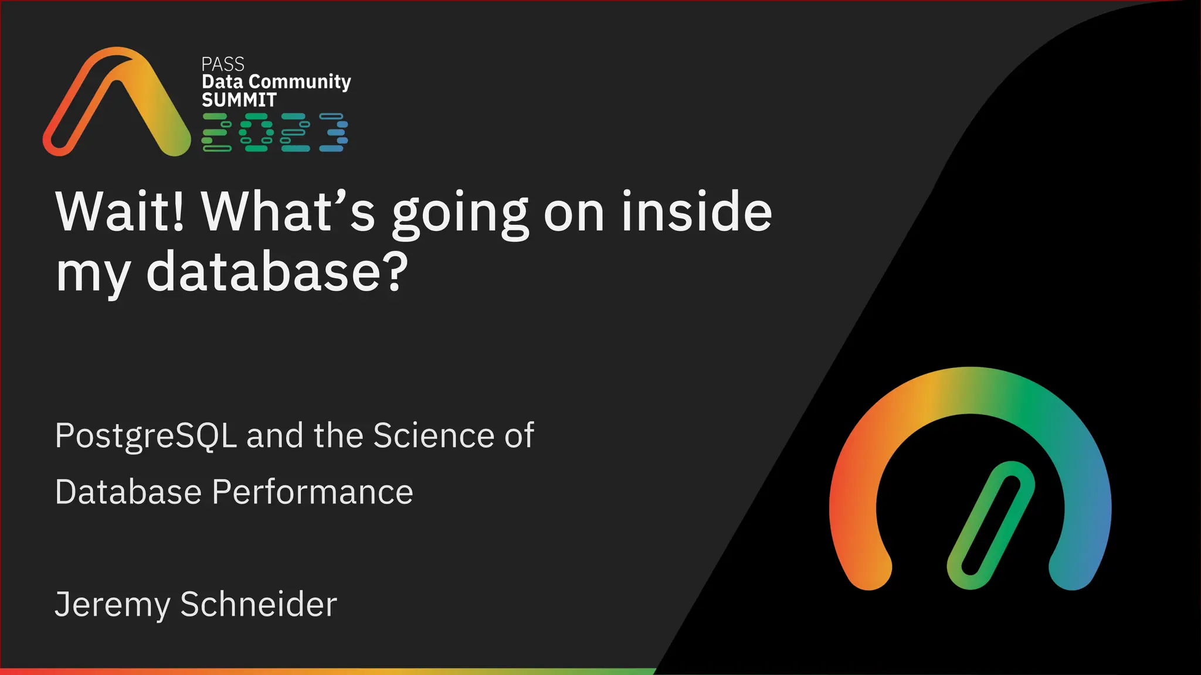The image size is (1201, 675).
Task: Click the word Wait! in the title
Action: [120, 212]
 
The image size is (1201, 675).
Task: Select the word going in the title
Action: [460, 214]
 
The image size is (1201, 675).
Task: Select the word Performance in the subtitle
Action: [312, 492]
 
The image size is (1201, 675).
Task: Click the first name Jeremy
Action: [112, 605]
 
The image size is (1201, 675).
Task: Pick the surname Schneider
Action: [259, 604]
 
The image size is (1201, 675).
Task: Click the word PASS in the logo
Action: [222, 64]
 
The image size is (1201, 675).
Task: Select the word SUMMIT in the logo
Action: [239, 100]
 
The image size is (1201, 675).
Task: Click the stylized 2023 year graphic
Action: [275, 132]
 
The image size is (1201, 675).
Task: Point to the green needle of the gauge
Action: [991, 525]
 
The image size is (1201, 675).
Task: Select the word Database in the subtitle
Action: [128, 492]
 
